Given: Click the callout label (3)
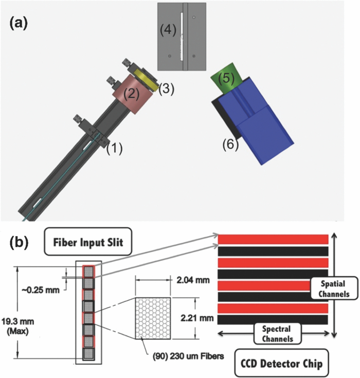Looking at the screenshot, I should [x=166, y=88].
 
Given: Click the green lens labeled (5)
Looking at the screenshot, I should [x=224, y=79].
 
